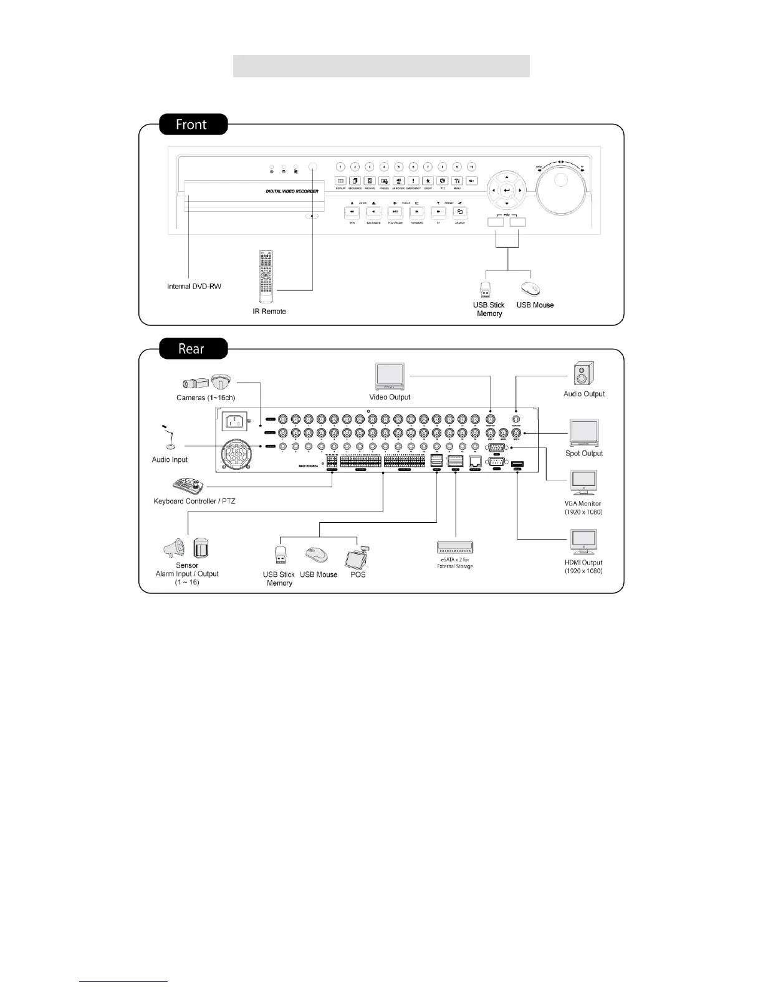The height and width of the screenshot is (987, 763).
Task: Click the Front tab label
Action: click(192, 125)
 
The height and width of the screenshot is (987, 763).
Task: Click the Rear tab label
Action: click(192, 348)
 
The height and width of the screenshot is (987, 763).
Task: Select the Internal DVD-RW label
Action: click(194, 287)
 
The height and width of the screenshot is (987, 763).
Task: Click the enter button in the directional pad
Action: click(507, 191)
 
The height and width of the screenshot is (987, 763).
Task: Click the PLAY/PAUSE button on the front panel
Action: click(395, 212)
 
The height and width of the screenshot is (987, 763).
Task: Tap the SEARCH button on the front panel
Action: click(460, 212)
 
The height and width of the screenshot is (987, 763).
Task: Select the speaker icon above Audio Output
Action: click(583, 375)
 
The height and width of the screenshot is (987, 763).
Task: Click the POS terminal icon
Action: click(357, 556)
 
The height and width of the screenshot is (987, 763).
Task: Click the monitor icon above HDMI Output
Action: click(583, 542)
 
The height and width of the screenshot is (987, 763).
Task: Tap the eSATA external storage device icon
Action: click(455, 548)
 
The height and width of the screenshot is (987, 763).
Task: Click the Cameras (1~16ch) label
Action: click(206, 398)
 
